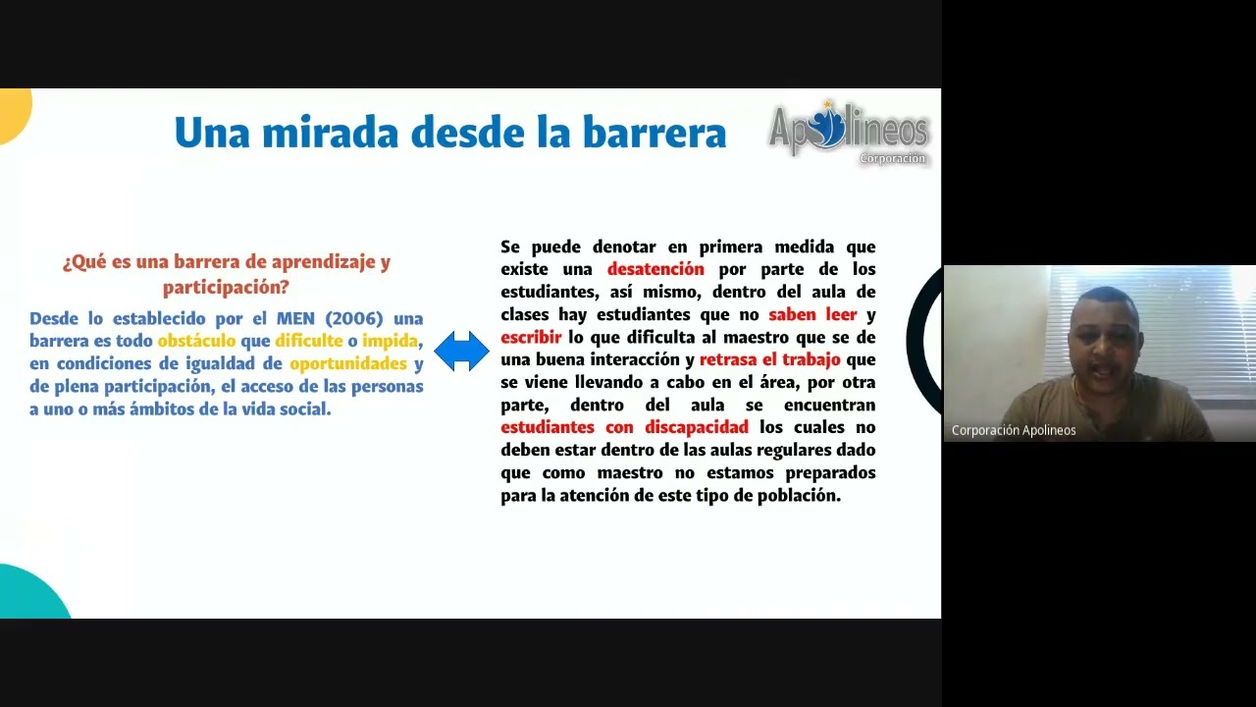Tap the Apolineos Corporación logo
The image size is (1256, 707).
(x=848, y=132)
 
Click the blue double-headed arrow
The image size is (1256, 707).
(x=461, y=352)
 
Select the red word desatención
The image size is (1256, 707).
(x=655, y=269)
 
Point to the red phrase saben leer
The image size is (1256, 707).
(x=812, y=314)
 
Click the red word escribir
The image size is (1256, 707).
(x=531, y=337)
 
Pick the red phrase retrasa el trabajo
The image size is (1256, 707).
(x=770, y=359)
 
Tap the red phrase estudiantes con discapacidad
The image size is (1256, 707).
(x=624, y=427)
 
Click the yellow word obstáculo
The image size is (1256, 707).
(x=196, y=341)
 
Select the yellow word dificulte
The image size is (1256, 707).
(x=309, y=341)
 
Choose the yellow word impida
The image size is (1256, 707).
(x=391, y=341)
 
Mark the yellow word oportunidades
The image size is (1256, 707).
(x=348, y=363)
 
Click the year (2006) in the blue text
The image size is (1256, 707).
(x=354, y=318)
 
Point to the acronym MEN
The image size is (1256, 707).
(x=295, y=318)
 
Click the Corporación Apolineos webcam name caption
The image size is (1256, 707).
(x=1014, y=430)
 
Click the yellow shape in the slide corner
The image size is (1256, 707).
(x=14, y=112)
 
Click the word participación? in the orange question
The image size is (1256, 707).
(x=226, y=288)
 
